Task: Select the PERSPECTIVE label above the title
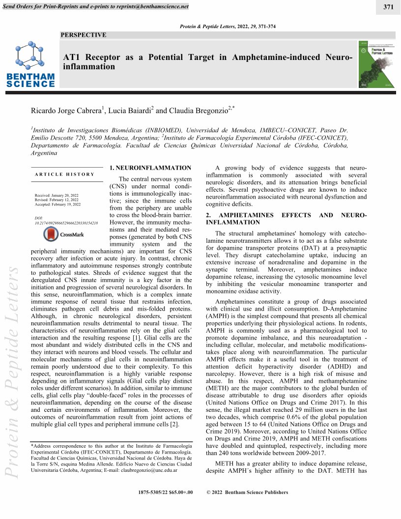click(83, 35)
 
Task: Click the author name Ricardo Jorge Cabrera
click(66, 111)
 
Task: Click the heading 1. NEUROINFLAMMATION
click(150, 168)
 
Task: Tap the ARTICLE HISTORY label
click(64, 174)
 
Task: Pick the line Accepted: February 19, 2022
click(57, 204)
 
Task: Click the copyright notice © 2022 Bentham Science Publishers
click(248, 492)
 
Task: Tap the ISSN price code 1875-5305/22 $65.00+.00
click(166, 492)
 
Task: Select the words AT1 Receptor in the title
click(90, 57)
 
